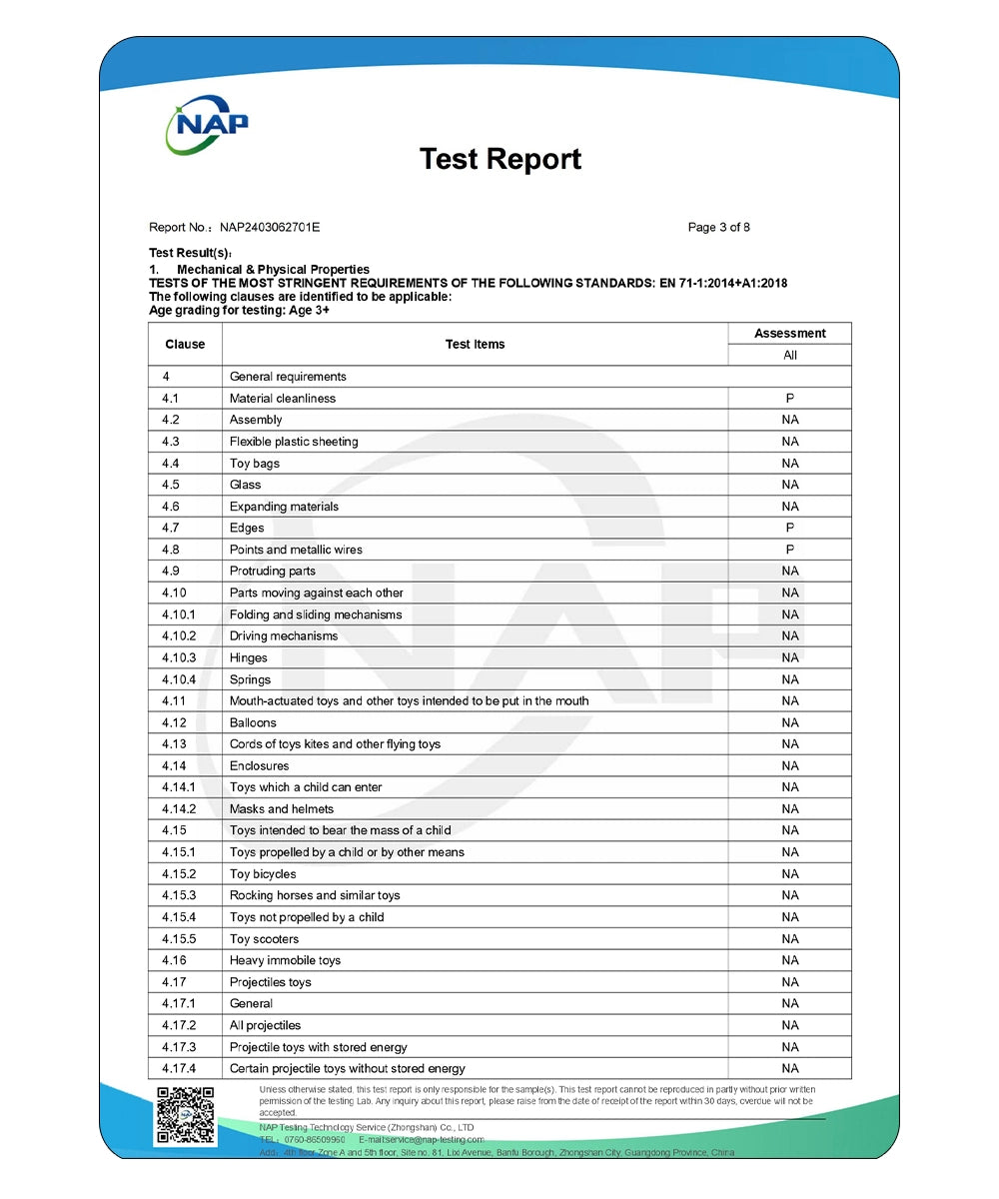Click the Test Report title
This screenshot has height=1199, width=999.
(x=500, y=159)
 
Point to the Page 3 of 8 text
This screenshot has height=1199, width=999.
(x=718, y=227)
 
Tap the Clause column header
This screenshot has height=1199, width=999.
(x=185, y=344)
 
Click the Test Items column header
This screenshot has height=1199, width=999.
(x=475, y=344)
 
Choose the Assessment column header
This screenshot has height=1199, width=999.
(x=789, y=333)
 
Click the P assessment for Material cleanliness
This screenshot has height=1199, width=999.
(x=789, y=398)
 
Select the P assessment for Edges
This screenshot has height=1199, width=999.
(x=789, y=528)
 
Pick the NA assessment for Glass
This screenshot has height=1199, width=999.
(x=789, y=485)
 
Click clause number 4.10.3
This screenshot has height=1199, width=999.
(x=179, y=657)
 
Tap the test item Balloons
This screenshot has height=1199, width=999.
(x=253, y=722)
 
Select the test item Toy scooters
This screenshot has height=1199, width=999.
(x=264, y=939)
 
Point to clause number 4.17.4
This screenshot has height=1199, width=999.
(x=179, y=1068)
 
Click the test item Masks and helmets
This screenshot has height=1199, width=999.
(x=282, y=809)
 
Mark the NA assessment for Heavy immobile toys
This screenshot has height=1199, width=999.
(x=789, y=960)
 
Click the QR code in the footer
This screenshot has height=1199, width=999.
(x=186, y=1115)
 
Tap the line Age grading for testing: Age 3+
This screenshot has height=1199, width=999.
(x=239, y=310)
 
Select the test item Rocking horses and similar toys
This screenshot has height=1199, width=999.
(x=315, y=895)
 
